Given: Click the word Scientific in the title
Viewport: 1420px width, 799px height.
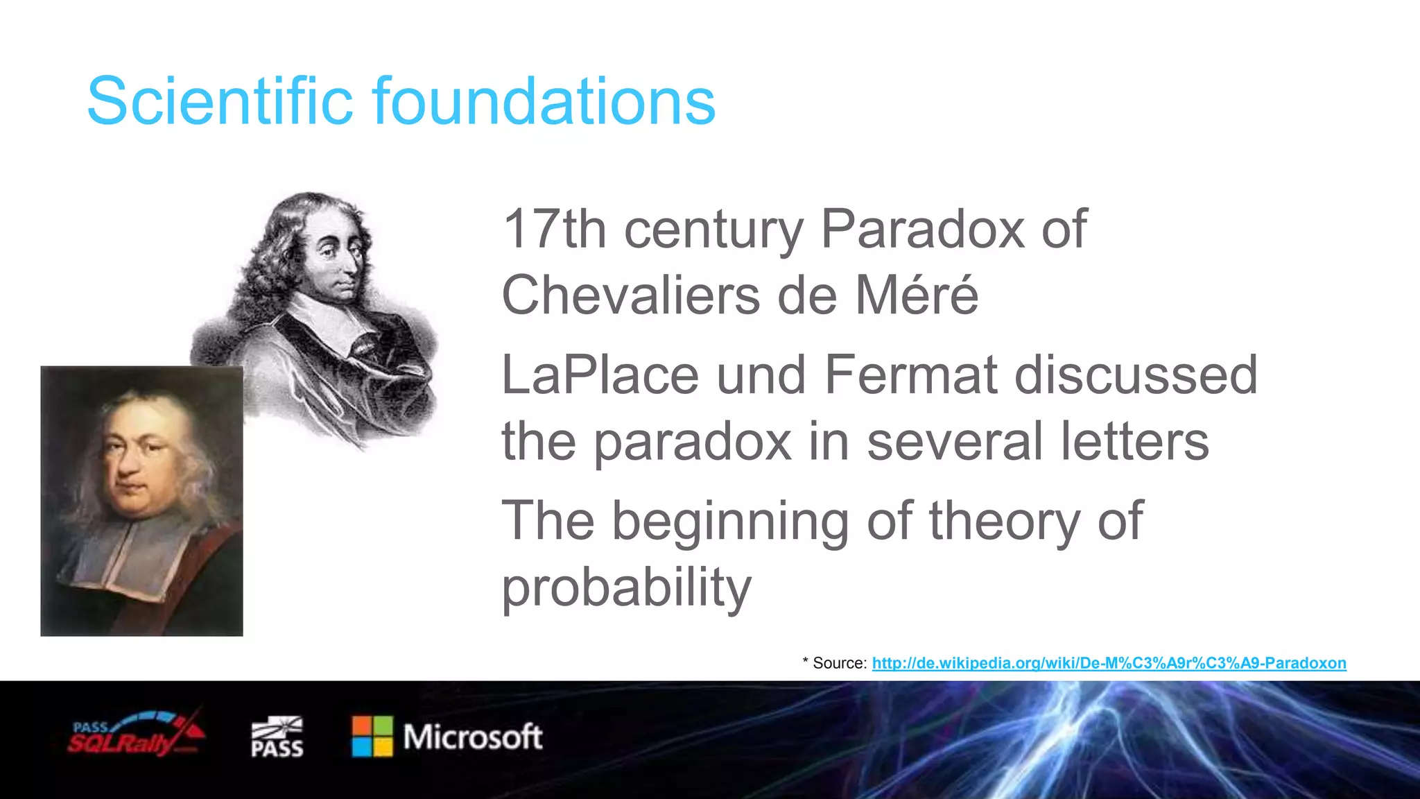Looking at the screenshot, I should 220,101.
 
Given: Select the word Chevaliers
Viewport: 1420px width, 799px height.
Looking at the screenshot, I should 630,295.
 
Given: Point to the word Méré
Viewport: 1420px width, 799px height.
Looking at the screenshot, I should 916,295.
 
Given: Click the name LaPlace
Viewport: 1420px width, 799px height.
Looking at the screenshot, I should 600,375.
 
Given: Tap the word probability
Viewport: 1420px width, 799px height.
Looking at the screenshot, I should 626,587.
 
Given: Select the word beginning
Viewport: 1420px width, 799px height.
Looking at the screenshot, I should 730,522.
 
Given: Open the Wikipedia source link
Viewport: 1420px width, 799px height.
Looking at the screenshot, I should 1109,663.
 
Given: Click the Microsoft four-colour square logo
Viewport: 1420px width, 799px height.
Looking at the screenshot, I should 372,737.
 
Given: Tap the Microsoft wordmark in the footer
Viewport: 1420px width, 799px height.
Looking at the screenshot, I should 473,737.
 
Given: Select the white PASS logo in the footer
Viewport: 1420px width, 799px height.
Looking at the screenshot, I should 277,737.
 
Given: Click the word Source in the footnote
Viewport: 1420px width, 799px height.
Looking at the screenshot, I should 839,663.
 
